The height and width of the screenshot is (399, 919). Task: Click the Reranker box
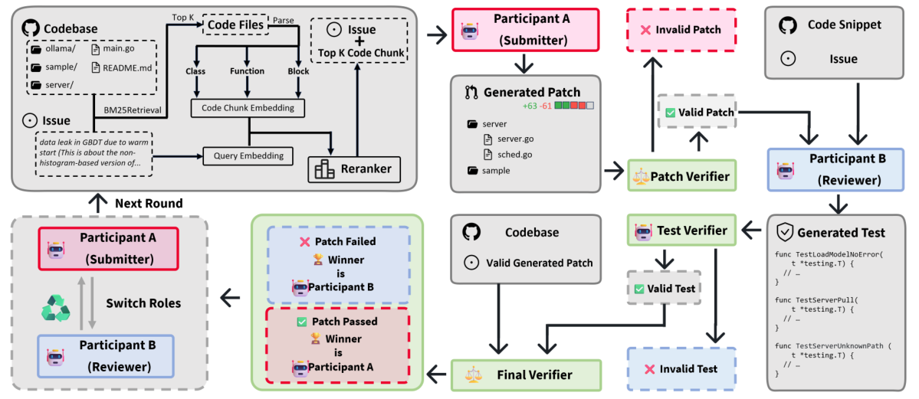pos(354,168)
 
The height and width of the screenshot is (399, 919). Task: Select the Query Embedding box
pos(248,155)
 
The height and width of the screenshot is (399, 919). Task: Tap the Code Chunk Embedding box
pos(247,108)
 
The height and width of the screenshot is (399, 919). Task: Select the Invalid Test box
pos(681,369)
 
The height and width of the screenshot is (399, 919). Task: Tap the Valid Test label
pos(664,288)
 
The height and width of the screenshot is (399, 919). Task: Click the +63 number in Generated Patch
pos(530,106)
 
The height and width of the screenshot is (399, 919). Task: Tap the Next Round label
pos(148,204)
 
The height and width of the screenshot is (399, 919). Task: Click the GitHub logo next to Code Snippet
pos(787,25)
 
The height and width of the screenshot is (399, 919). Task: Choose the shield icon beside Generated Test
pos(784,232)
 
